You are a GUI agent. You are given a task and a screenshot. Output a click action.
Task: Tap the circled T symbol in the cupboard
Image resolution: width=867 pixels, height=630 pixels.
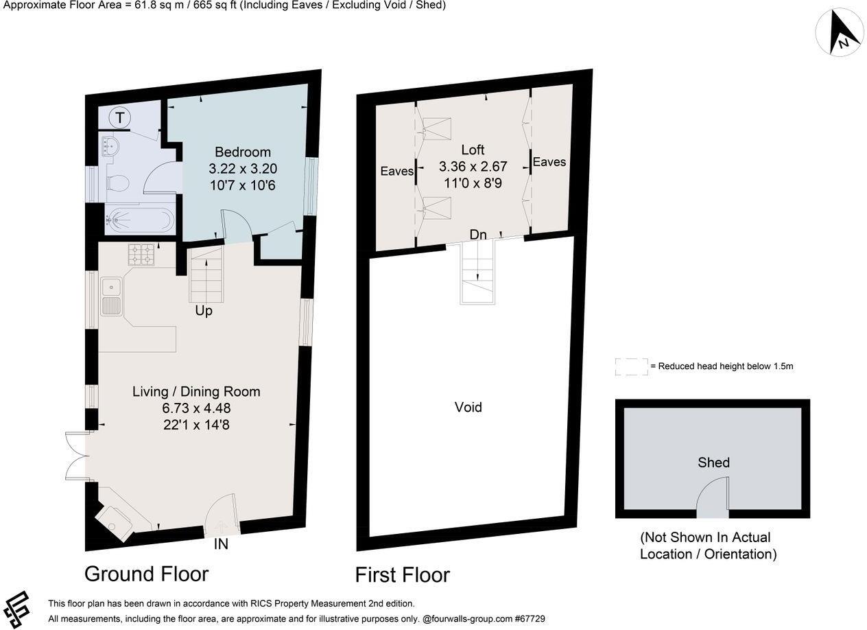click(x=120, y=118)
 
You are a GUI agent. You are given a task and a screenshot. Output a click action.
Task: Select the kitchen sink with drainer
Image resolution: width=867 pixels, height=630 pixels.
click(x=111, y=296)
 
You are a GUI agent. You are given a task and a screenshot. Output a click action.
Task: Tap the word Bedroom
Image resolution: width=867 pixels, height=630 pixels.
click(x=242, y=152)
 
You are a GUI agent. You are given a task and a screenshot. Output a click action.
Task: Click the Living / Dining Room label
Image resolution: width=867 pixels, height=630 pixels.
click(x=196, y=391)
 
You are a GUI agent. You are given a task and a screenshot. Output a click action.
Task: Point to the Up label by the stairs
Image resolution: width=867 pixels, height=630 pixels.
click(x=204, y=311)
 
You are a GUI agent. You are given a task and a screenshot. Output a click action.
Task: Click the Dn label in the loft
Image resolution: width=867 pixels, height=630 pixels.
click(x=478, y=235)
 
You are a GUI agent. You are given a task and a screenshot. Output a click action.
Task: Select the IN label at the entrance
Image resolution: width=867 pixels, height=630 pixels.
click(x=221, y=544)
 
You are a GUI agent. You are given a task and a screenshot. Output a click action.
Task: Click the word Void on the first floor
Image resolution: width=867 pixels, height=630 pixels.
click(x=468, y=407)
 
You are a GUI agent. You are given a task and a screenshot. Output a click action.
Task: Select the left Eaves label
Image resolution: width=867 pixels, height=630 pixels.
click(x=396, y=171)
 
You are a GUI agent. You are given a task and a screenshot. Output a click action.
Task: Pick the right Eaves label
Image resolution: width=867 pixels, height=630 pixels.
click(x=549, y=162)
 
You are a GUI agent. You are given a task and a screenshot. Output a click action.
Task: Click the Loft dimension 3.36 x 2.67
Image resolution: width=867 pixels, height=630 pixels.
click(x=473, y=166)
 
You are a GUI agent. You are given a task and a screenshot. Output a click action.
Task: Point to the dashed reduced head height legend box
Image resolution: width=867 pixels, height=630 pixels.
click(x=631, y=366)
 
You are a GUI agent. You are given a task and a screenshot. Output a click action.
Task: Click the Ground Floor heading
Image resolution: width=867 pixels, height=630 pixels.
click(x=146, y=573)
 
